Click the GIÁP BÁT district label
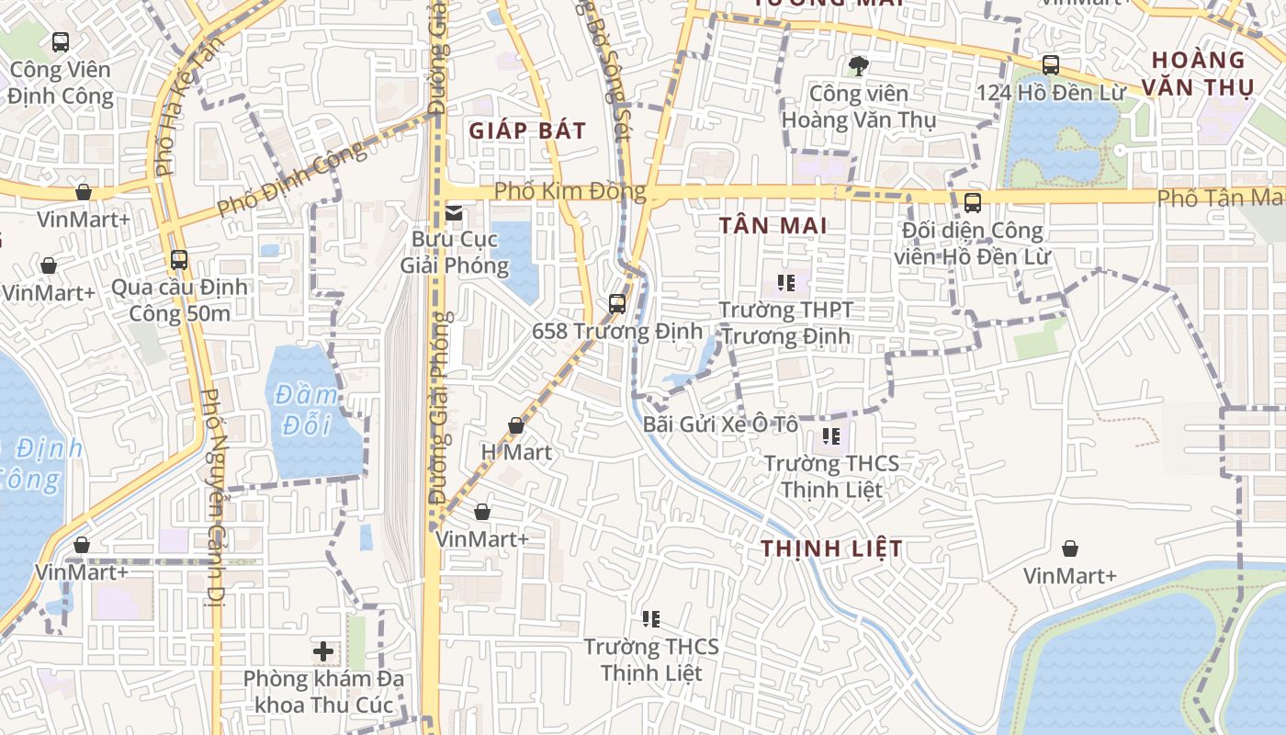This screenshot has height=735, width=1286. [x=527, y=130]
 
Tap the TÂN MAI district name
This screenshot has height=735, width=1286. [x=773, y=225]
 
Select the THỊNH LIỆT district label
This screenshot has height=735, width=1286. [x=831, y=548]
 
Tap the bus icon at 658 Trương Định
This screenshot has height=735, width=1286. [x=617, y=303]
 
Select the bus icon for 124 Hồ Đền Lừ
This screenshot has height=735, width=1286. [x=1051, y=65]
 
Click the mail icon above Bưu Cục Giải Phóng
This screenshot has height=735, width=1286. [x=454, y=213]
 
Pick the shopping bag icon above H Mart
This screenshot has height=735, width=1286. [x=516, y=425]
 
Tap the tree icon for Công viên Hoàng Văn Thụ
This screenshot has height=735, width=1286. [x=859, y=65]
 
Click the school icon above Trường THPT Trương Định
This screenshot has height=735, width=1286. [x=785, y=282]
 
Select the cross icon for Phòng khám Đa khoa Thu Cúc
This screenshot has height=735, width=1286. [x=322, y=651]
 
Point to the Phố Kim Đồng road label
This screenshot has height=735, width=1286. [x=570, y=192]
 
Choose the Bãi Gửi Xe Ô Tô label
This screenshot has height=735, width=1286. [x=720, y=424]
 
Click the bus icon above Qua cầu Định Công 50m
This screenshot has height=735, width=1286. [x=179, y=260]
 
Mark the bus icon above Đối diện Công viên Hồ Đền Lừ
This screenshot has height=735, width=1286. [x=973, y=203]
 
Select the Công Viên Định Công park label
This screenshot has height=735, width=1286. [x=61, y=83]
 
